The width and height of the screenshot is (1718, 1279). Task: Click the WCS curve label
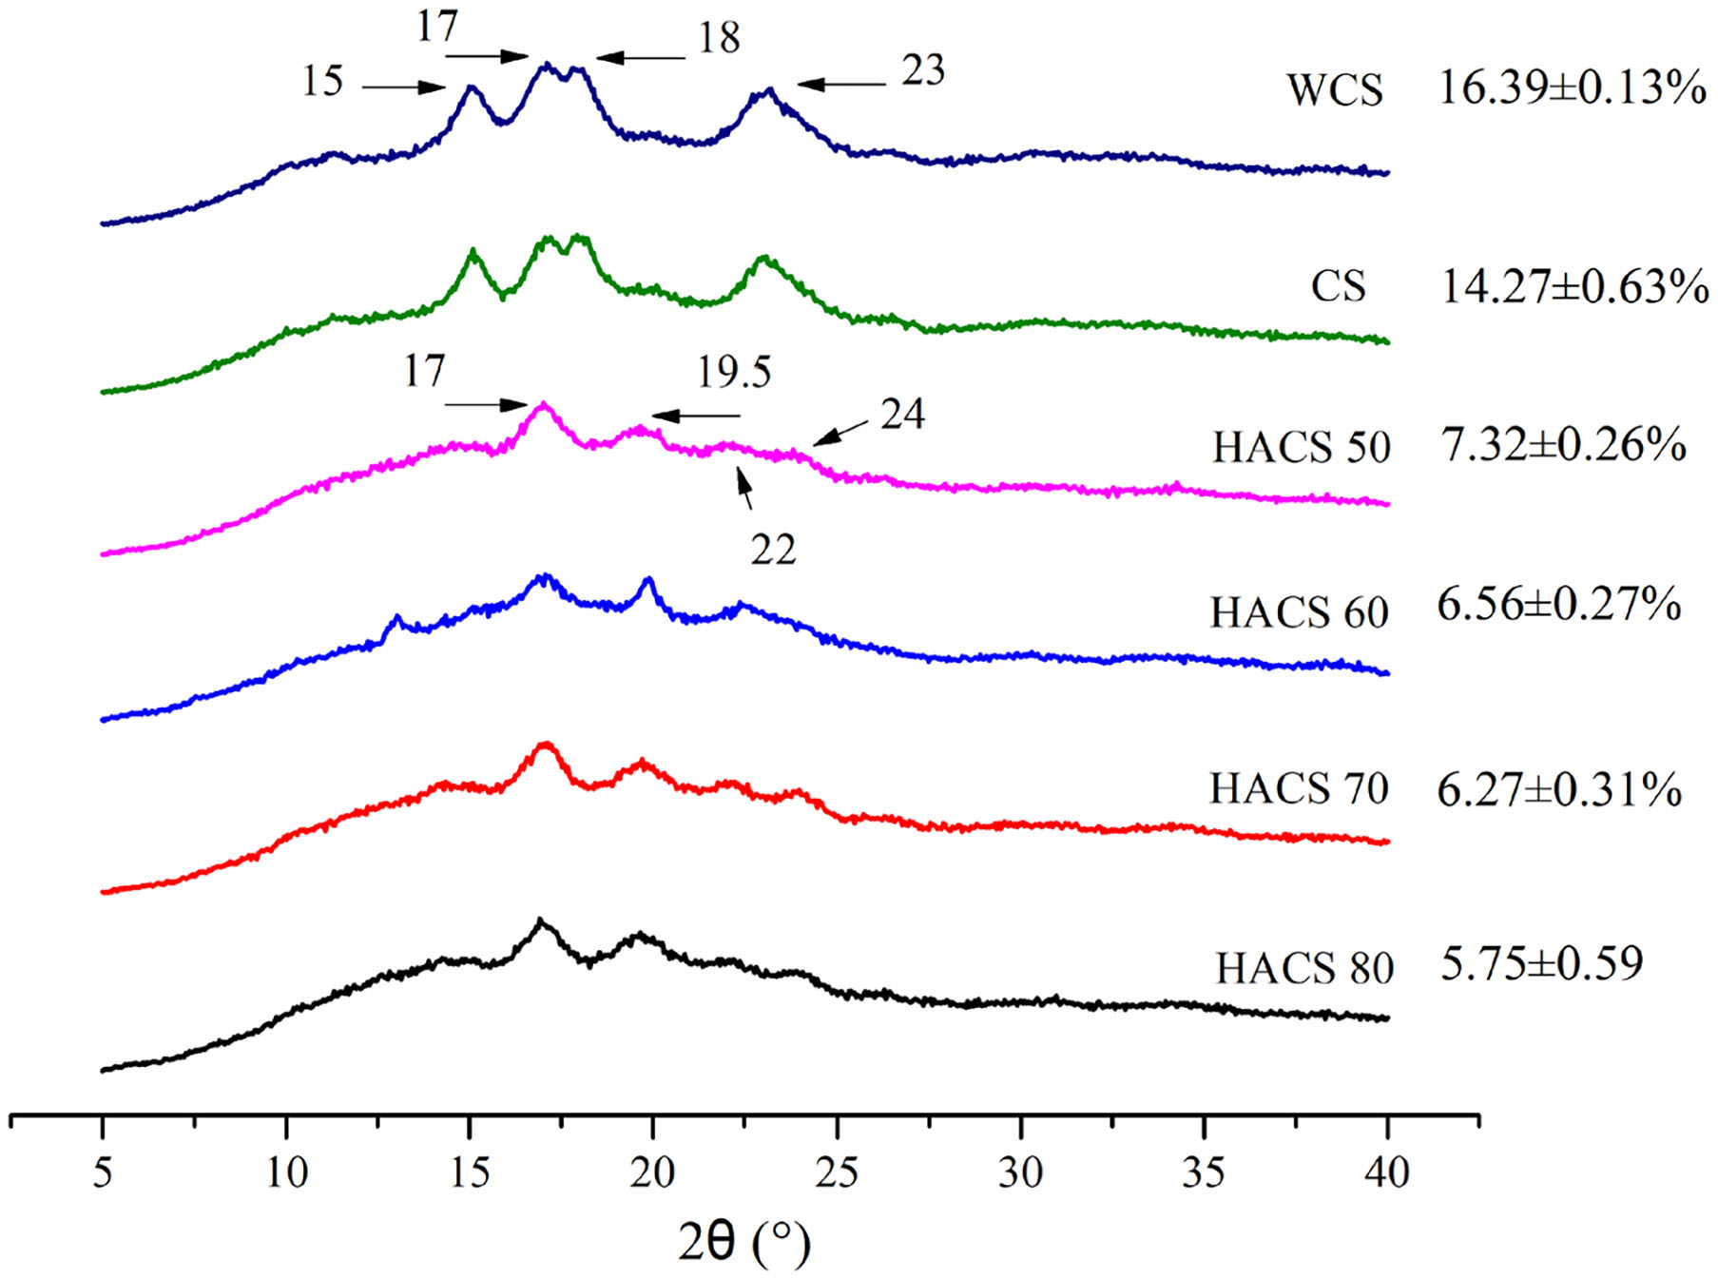pos(1335,90)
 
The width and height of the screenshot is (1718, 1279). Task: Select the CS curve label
pos(1338,286)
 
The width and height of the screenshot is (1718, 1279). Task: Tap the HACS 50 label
pos(1301,447)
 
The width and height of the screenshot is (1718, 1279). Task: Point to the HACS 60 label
pos(1299,612)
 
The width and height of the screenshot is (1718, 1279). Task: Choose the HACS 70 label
pos(1299,788)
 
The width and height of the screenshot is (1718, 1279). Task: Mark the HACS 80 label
pos(1304,968)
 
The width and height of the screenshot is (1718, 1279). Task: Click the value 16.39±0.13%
pos(1572,87)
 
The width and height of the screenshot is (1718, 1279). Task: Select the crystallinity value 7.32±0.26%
pos(1564,444)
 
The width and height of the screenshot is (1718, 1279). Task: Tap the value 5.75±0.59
pos(1541,962)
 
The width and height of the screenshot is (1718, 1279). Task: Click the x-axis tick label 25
pos(837,1172)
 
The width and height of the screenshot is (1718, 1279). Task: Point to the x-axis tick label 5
pos(103,1172)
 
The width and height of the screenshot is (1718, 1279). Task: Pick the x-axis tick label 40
pos(1386,1172)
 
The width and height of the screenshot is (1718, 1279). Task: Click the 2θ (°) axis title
pos(744,1241)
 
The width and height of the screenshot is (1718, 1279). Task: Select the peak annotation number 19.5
pos(734,372)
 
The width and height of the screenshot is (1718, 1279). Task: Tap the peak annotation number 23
pos(922,70)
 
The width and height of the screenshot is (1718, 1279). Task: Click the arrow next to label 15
pos(403,87)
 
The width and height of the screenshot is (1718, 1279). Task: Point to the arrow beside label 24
pos(840,433)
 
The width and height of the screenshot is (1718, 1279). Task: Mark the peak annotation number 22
pos(772,550)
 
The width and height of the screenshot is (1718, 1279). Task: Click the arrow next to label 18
pos(641,58)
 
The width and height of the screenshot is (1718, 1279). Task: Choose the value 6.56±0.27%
pos(1558,604)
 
